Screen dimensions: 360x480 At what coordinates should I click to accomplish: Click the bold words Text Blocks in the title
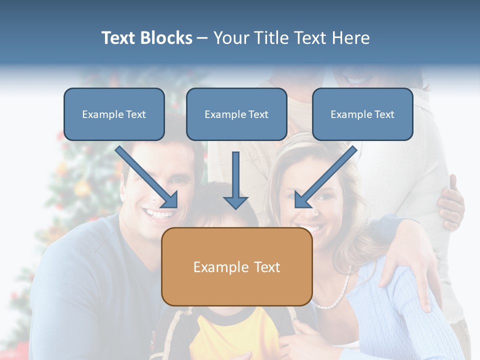146,38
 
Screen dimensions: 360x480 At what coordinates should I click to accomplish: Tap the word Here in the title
349,38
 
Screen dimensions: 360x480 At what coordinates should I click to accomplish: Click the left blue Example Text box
114,114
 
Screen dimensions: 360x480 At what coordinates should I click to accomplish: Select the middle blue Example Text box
236,114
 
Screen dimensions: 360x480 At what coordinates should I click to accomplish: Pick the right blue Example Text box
362,114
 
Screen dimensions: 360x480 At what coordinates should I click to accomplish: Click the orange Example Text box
236,267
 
